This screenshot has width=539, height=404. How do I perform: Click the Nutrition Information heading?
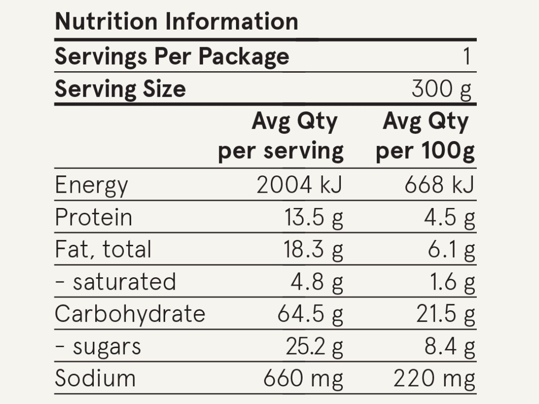pos(176,22)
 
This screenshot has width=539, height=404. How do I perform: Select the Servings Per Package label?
pos(172,56)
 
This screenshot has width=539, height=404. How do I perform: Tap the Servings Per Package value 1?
pos(467,57)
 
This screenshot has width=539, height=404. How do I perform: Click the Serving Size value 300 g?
pos(441,89)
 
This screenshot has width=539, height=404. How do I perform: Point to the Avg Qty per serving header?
pos(281,136)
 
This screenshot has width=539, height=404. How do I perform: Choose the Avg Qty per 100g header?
pos(425,136)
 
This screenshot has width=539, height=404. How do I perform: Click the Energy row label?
pos(91,186)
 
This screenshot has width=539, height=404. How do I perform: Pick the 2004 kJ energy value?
pos(300,186)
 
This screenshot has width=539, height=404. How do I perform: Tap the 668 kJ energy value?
pos(439,186)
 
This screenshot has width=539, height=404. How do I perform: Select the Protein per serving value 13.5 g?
pos(314,218)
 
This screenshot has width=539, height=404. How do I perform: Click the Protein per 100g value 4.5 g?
pos(449,218)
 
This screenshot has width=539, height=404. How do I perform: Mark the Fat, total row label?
pos(103,250)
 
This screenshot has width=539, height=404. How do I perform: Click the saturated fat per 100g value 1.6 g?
pos(451,282)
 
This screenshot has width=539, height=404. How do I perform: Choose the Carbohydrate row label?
pos(130,314)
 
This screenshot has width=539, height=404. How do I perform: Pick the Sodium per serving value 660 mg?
pos(303,379)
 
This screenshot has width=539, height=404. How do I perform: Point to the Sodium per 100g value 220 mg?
pos(434,379)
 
